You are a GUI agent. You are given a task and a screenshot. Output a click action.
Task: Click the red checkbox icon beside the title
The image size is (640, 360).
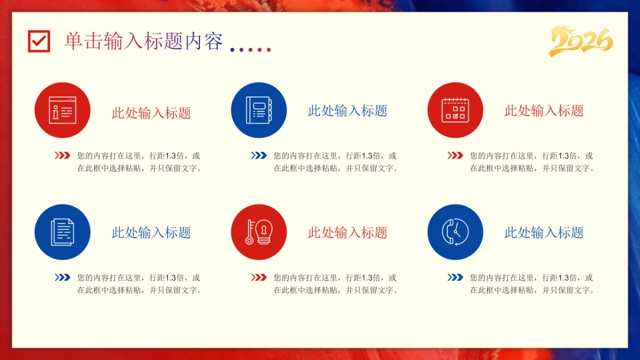coord(39,41)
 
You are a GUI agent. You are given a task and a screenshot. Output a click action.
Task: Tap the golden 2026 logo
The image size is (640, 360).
coord(581,41)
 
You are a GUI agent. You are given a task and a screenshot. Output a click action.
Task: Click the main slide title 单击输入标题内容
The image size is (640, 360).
coord(143,41)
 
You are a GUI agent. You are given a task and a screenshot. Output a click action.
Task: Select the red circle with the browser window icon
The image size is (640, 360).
coord(62,110)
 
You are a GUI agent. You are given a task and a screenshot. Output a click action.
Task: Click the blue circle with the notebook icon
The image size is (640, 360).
coord(259,110)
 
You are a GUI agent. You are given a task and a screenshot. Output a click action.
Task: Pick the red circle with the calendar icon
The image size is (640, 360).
coord(455,110)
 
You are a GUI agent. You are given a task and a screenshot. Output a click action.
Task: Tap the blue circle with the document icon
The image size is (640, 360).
coord(62,233)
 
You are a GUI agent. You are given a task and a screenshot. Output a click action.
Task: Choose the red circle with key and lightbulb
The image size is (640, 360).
coord(259,233)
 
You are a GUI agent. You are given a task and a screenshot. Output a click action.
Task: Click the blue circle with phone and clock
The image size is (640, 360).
coord(455,233)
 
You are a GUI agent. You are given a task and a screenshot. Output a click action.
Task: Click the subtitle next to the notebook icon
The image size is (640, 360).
coord(348,111)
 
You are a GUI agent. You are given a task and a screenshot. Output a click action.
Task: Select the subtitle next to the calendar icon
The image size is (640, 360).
coord(544,111)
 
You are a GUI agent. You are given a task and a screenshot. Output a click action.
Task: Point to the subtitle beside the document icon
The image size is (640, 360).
coord(151,233)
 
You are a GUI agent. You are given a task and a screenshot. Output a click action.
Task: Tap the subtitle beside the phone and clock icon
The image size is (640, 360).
coord(544,233)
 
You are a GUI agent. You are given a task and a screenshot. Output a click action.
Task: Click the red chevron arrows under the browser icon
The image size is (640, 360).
coord(62,156)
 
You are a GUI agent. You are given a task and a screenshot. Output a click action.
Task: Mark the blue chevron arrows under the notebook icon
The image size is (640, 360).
coord(259,156)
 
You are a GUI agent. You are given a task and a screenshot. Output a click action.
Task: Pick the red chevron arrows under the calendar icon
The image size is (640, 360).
coord(455,156)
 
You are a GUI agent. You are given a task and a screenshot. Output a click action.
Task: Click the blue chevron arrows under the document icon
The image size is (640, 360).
coord(62,277)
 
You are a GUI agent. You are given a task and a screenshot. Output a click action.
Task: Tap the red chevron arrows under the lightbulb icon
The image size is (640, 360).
coord(259,277)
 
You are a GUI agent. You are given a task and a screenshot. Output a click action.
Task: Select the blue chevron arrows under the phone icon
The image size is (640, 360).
coord(455,277)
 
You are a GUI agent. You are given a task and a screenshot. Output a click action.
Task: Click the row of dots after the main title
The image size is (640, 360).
coord(251,50)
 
